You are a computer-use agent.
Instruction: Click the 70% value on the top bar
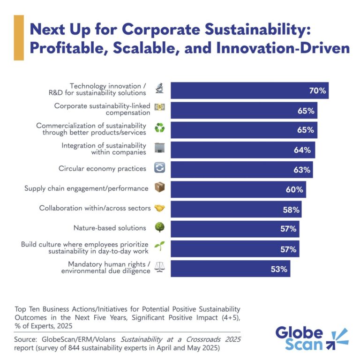click(x=317, y=90)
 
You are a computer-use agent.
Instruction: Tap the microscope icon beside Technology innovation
click(x=160, y=89)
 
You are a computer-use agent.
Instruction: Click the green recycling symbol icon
click(x=160, y=128)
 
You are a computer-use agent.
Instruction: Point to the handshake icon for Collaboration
click(x=160, y=208)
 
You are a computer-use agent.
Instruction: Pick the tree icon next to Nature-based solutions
click(x=160, y=228)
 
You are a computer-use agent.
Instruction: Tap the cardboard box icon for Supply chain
click(x=160, y=188)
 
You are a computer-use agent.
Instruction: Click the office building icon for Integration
click(x=160, y=149)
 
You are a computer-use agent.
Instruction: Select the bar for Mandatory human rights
click(x=230, y=269)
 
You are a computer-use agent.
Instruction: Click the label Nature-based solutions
click(x=110, y=228)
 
